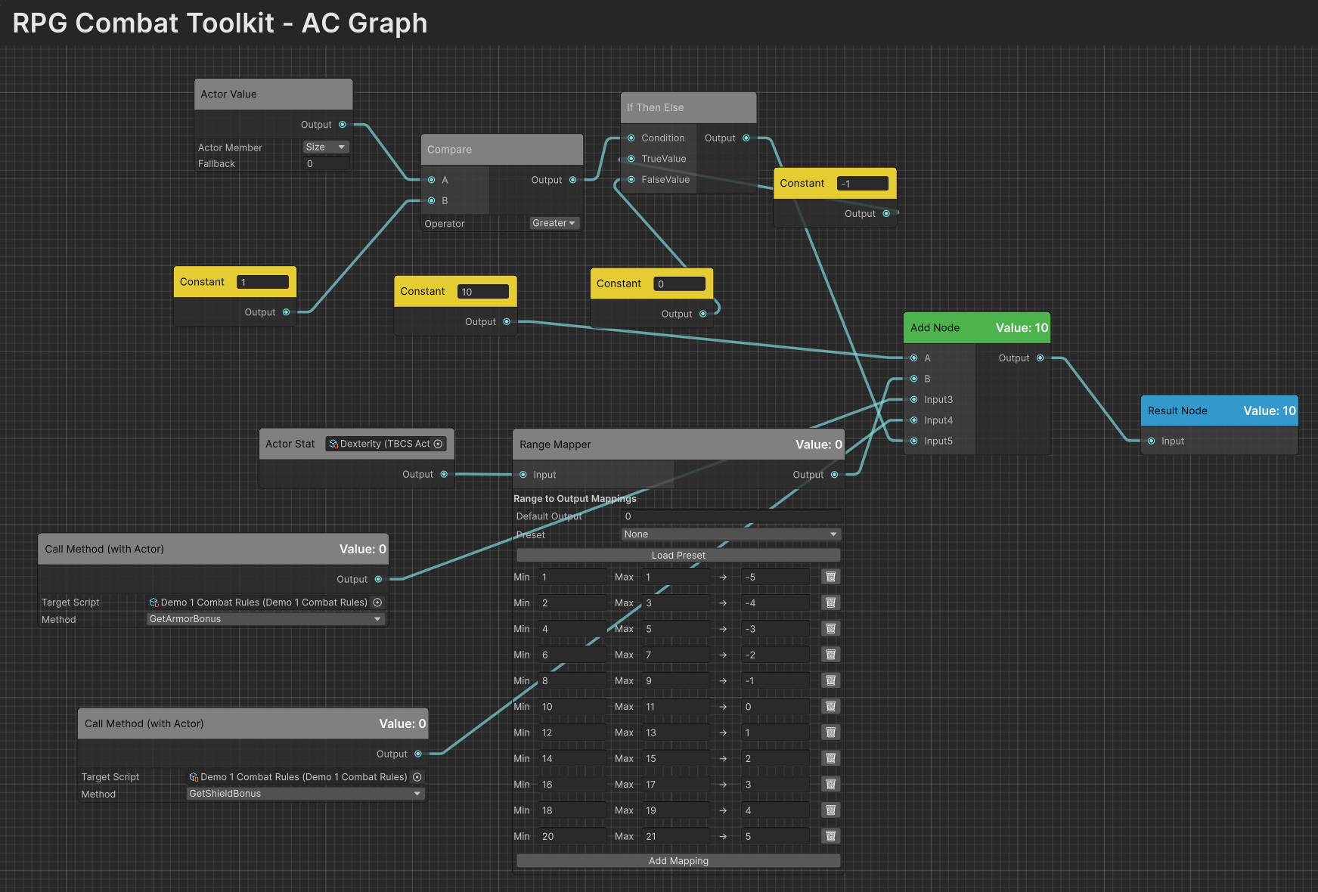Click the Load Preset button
click(x=678, y=555)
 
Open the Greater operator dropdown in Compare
click(x=554, y=223)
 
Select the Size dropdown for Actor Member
click(x=325, y=147)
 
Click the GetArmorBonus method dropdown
click(x=265, y=619)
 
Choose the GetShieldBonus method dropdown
click(x=305, y=794)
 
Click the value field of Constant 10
click(x=483, y=292)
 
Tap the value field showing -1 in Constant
click(x=863, y=184)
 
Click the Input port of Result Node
click(x=1151, y=441)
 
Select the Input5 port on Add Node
click(x=914, y=441)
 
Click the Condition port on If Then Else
click(x=631, y=138)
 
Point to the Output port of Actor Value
click(x=343, y=125)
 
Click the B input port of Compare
click(x=432, y=201)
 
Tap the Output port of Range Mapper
click(x=834, y=475)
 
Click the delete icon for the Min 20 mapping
click(x=830, y=836)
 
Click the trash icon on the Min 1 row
click(x=830, y=577)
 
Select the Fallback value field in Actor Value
click(x=326, y=164)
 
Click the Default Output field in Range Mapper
click(x=730, y=516)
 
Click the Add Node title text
click(x=935, y=328)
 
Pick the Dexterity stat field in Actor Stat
click(x=386, y=444)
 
